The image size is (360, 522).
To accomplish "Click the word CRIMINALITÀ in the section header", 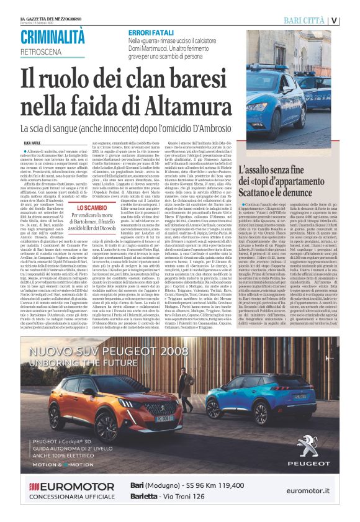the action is pos(52,37).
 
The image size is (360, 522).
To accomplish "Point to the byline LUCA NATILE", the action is pos(32,143).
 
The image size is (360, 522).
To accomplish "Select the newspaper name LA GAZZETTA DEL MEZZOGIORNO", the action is pos(50,6).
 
